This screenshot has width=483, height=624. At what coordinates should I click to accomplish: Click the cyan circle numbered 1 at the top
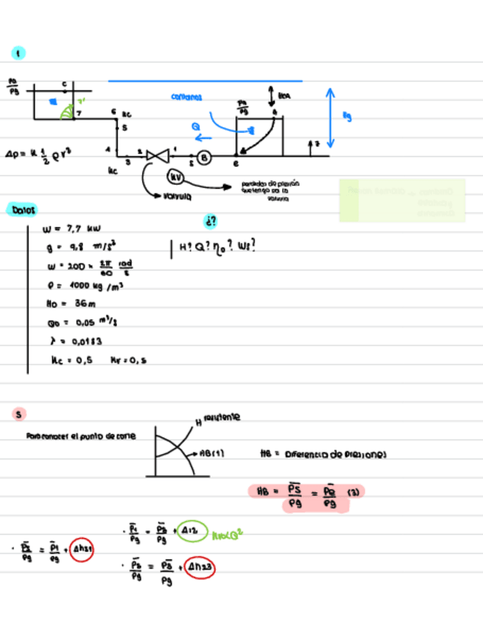click(18, 52)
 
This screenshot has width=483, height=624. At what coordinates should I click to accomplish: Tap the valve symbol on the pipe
click(157, 155)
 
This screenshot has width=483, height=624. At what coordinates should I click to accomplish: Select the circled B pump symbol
click(205, 157)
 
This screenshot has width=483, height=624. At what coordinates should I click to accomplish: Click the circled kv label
click(175, 177)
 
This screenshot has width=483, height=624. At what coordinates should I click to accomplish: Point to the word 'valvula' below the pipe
click(177, 196)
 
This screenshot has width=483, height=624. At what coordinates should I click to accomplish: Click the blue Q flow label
click(197, 127)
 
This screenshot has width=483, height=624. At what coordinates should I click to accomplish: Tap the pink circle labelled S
click(18, 414)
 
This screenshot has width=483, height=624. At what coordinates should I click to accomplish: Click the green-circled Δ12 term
click(192, 531)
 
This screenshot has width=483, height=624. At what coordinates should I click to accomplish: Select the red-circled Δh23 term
click(199, 567)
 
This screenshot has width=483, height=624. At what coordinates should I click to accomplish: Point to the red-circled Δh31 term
click(82, 549)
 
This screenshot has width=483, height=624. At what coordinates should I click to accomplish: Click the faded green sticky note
click(402, 200)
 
